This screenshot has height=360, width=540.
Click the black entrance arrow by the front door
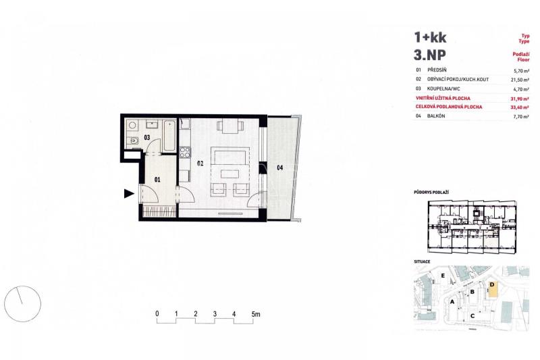(x=129, y=194)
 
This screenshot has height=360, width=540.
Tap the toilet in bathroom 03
(x=132, y=140)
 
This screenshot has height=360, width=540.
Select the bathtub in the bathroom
(x=169, y=135)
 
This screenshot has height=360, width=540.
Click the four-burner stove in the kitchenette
(x=184, y=152)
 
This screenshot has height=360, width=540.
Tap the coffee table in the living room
(x=230, y=174)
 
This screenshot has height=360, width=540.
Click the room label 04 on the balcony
(x=280, y=168)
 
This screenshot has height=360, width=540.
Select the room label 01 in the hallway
(x=157, y=180)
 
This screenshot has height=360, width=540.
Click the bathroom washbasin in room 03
(x=151, y=124)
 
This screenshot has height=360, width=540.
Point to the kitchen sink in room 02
(x=184, y=124)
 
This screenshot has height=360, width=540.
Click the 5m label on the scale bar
(x=256, y=314)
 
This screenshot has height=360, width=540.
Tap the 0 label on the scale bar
(x=157, y=314)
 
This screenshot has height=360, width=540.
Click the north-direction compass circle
(x=22, y=304)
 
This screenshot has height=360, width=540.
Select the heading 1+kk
(x=430, y=37)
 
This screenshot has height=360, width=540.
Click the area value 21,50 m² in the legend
(x=520, y=80)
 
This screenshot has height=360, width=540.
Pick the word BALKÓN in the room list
(x=436, y=116)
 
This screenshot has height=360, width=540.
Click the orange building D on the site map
(x=493, y=289)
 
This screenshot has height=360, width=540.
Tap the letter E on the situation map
(x=443, y=276)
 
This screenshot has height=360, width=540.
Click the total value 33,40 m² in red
(x=520, y=107)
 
